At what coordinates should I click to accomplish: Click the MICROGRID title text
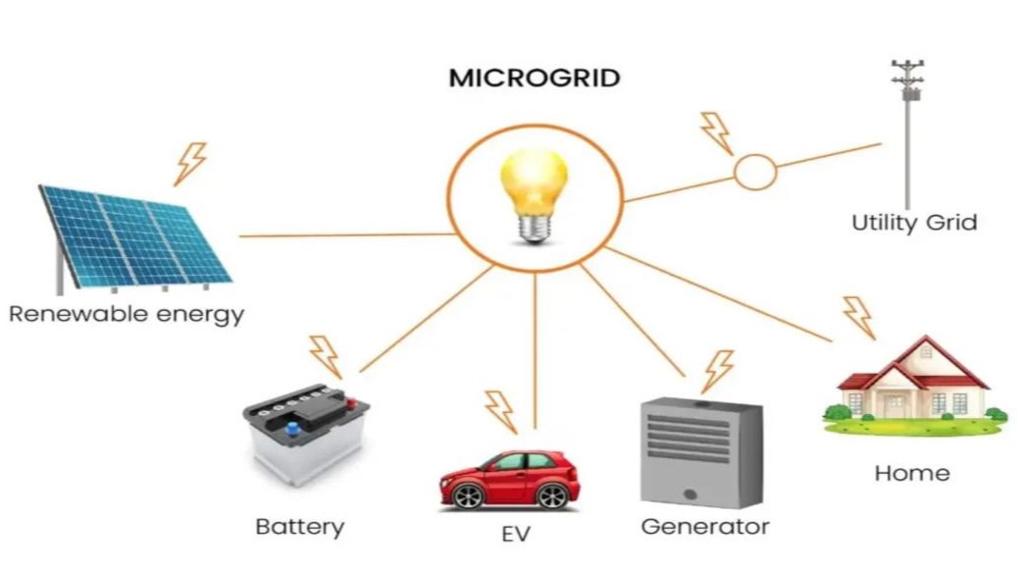coord(534,78)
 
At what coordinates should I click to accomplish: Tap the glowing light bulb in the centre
coord(534,191)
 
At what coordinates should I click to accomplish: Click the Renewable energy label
coord(127,315)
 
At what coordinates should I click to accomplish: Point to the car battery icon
coord(305,433)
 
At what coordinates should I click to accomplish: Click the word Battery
coord(300,527)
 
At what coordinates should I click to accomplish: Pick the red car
coord(509,478)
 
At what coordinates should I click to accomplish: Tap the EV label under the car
coord(515,536)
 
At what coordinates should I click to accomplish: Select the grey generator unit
coord(700,452)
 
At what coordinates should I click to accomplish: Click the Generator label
coord(705,526)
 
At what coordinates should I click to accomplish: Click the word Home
coord(912,473)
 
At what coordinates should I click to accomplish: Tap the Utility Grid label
coord(914,222)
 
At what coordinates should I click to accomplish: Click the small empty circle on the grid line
coord(755,174)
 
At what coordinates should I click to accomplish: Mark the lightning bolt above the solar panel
coord(190,163)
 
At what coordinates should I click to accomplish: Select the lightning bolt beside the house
coord(858,317)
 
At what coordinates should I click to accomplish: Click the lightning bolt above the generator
coord(718,371)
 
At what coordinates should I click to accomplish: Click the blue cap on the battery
coord(291,427)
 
